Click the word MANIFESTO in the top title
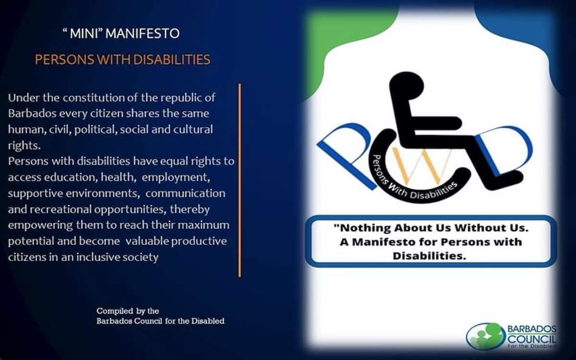(x=143, y=34)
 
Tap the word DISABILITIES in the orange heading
(x=172, y=60)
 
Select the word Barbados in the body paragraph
(x=32, y=113)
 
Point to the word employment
(x=176, y=178)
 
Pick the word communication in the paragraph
(x=185, y=193)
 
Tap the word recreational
(x=60, y=209)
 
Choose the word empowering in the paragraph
(x=41, y=226)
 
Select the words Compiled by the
(x=128, y=311)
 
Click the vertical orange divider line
(x=240, y=180)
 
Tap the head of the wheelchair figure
(x=407, y=84)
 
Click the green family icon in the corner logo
(x=485, y=336)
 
